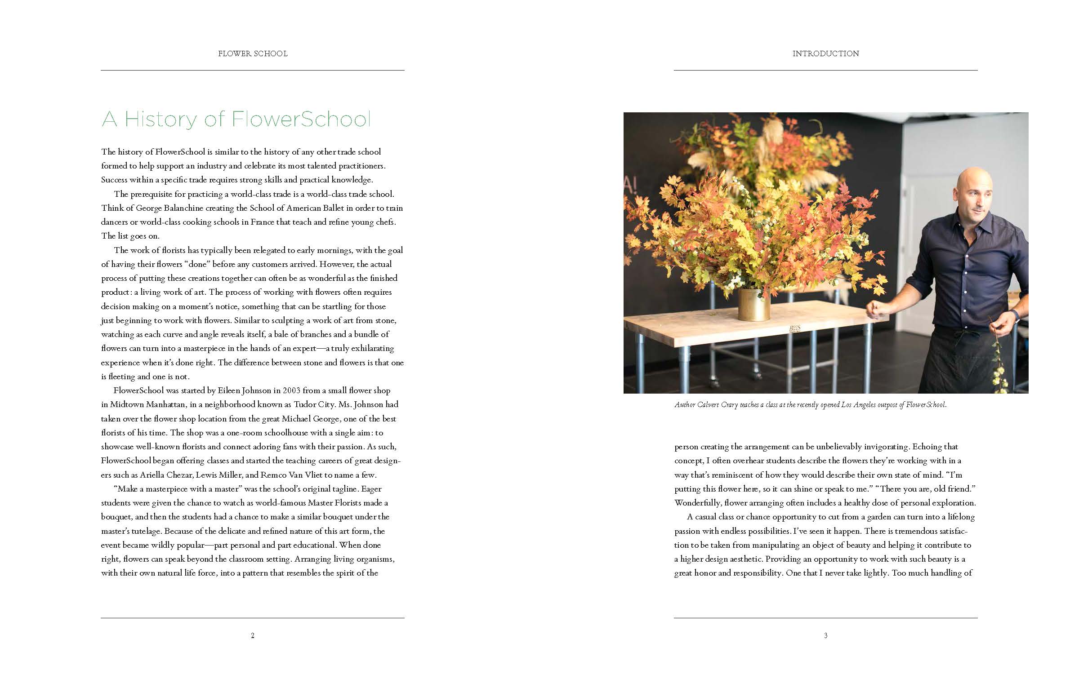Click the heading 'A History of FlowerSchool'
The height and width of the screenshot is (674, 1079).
click(236, 119)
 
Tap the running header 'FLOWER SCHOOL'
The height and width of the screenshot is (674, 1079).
click(253, 53)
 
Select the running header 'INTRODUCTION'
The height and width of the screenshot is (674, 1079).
click(825, 53)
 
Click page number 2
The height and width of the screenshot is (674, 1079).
click(253, 635)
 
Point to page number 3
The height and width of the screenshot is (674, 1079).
click(825, 635)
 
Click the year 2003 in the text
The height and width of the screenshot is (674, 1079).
click(292, 390)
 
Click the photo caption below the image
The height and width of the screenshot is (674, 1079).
click(811, 405)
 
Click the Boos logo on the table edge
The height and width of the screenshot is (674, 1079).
click(795, 328)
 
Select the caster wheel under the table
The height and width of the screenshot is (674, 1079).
click(714, 383)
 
